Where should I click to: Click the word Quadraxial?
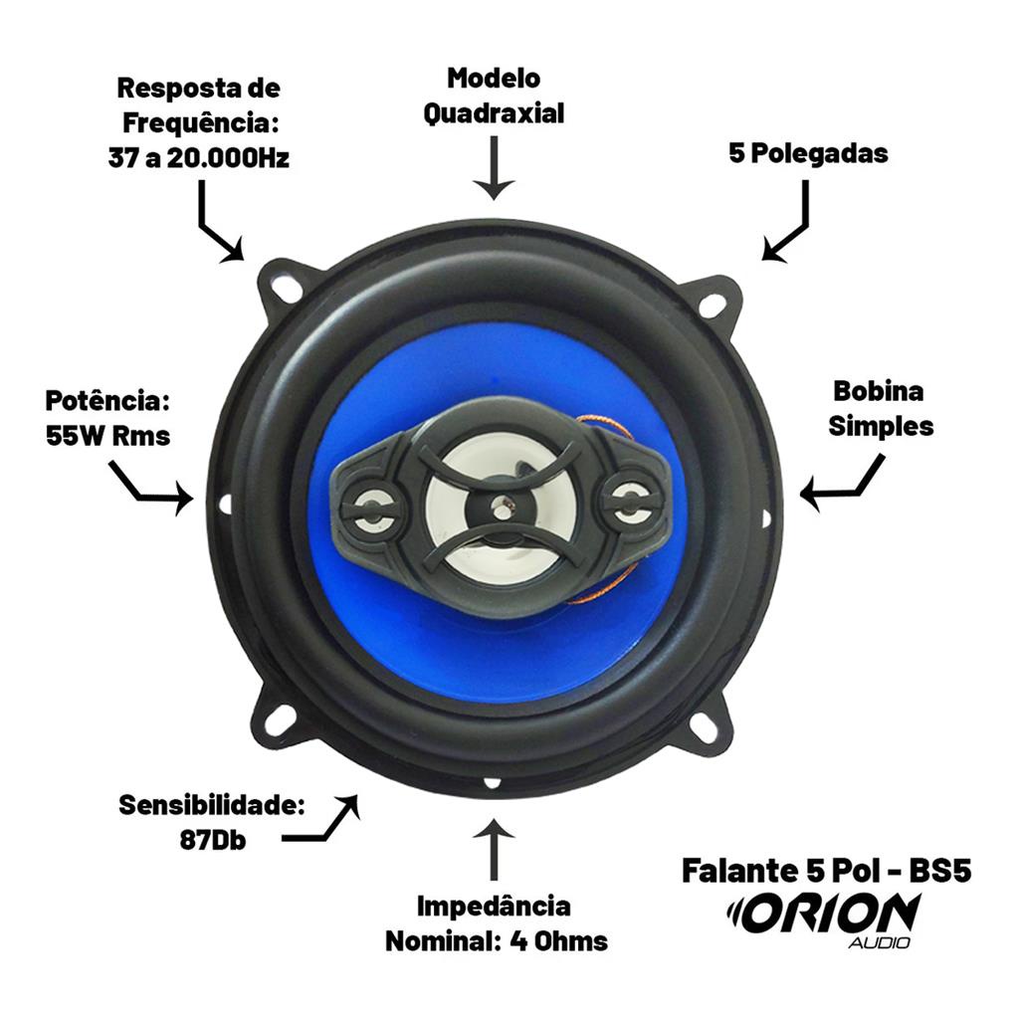coord(494,113)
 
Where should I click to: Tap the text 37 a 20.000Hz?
coord(199,158)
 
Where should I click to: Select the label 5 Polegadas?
coord(808,154)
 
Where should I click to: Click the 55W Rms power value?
coord(107,436)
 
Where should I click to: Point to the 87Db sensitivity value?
coord(213,840)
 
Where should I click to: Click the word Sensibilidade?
coord(212,806)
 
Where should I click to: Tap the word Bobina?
coord(879,391)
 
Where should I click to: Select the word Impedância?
coord(494,906)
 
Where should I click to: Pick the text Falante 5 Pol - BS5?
coord(827,870)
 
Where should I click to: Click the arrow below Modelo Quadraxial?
coord(494,167)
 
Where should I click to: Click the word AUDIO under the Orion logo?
coord(879,942)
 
